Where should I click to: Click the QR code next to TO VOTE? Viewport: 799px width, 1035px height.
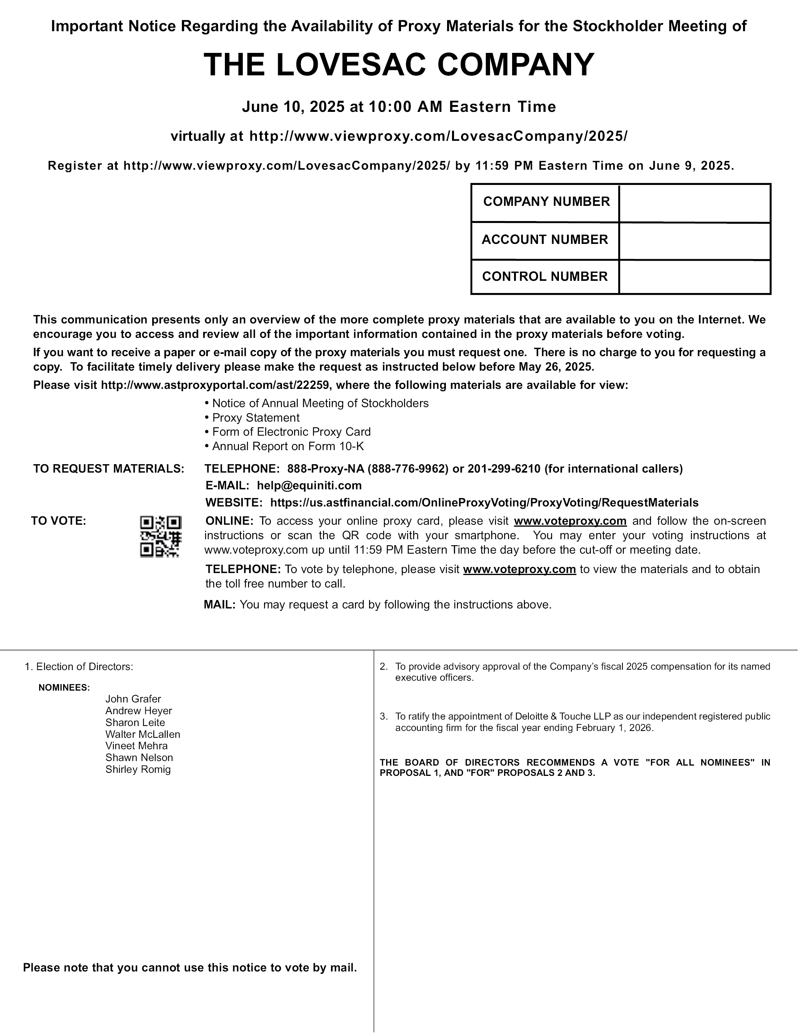coord(161,536)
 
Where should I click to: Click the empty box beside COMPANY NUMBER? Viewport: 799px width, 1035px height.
coord(694,203)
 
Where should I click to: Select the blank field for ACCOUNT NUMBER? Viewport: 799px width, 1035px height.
coord(694,241)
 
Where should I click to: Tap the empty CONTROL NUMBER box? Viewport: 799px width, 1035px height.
coord(694,277)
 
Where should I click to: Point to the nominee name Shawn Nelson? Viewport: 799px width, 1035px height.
coord(139,757)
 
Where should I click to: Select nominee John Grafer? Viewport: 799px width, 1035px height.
coord(133,699)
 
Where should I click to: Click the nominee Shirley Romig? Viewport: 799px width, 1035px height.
coord(138,769)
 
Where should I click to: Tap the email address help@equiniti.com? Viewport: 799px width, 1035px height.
coord(309,485)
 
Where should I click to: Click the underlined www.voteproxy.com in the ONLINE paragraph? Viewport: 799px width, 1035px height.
coord(570,521)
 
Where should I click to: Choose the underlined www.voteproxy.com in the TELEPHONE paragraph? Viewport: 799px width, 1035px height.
coord(519,569)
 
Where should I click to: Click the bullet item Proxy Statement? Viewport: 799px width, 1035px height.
coord(255,417)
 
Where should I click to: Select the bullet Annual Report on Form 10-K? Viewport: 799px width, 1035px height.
coord(288,446)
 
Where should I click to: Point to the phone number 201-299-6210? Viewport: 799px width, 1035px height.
coord(504,469)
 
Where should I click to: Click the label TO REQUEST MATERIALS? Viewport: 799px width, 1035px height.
coord(108,469)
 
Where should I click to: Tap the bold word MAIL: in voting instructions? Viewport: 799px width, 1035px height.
coord(220,605)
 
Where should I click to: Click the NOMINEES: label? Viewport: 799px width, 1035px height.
coord(64,687)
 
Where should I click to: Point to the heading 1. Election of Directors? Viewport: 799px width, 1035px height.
coord(79,666)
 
